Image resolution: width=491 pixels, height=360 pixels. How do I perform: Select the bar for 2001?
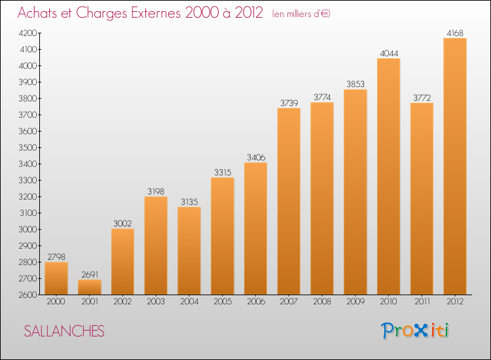click(x=89, y=287)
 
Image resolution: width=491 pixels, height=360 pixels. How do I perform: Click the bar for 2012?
click(x=455, y=166)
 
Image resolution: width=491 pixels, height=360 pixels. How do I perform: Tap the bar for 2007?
click(x=289, y=202)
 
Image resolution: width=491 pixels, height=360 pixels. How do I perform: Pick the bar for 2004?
click(x=189, y=251)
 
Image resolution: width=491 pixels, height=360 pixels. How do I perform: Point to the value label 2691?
click(x=89, y=274)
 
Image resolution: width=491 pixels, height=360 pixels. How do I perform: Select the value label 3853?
click(x=355, y=84)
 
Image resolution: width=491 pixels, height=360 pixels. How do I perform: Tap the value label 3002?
click(x=122, y=223)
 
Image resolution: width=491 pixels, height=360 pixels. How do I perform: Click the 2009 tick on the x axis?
click(x=355, y=302)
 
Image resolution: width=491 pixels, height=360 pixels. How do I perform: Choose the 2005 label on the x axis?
click(x=222, y=302)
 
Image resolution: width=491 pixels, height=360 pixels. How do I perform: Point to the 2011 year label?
click(x=422, y=302)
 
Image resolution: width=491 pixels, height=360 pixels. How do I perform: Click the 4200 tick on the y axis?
click(x=27, y=33)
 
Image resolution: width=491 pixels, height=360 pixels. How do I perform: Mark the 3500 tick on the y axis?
click(x=27, y=148)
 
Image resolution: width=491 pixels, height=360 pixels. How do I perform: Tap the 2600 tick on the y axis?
click(x=27, y=295)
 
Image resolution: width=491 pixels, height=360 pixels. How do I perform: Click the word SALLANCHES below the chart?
click(x=64, y=331)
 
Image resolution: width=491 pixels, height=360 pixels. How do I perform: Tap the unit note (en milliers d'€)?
click(x=301, y=14)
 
